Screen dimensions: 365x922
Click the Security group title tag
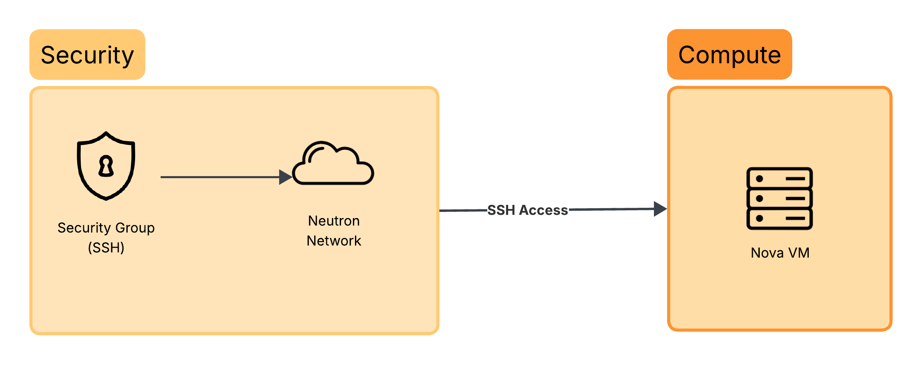pyautogui.click(x=87, y=55)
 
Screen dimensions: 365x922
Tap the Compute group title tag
pyautogui.click(x=729, y=55)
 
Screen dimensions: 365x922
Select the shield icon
pyautogui.click(x=106, y=166)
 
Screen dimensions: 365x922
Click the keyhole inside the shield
pyautogui.click(x=106, y=166)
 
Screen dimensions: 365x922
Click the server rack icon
pyautogui.click(x=779, y=198)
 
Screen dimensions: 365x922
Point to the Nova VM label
pyautogui.click(x=780, y=253)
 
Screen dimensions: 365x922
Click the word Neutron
pyautogui.click(x=334, y=221)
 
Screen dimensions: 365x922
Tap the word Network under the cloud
pyautogui.click(x=334, y=241)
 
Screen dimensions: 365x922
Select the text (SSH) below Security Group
pyautogui.click(x=106, y=248)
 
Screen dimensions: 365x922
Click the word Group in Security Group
pyautogui.click(x=135, y=228)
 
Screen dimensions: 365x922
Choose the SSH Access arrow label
pyautogui.click(x=528, y=210)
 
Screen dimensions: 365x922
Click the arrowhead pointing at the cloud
pyautogui.click(x=285, y=177)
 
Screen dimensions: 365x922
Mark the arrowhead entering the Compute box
pyautogui.click(x=660, y=209)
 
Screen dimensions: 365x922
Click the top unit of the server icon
pyautogui.click(x=779, y=179)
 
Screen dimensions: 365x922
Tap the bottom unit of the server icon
pyautogui.click(x=779, y=219)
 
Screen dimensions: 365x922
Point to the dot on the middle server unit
pyautogui.click(x=760, y=199)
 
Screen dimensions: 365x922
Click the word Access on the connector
pyautogui.click(x=543, y=210)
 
